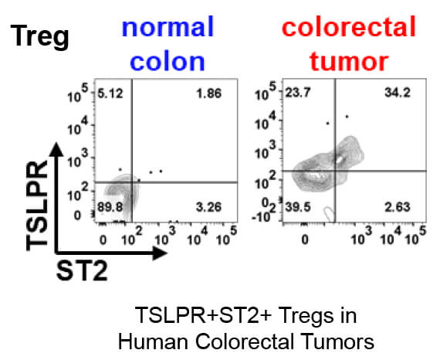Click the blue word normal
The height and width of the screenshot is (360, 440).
[168, 29]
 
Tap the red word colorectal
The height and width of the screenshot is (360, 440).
[348, 29]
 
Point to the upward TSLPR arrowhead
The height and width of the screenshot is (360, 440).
[57, 150]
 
